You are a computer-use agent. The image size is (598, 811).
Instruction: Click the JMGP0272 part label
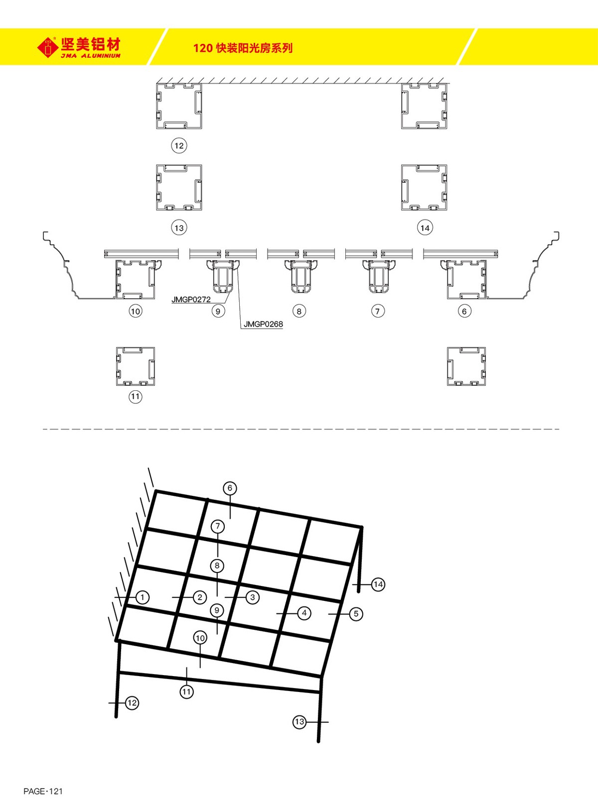coord(191,300)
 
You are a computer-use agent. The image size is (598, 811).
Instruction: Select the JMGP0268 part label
coord(263,324)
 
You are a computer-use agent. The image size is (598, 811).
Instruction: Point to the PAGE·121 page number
coord(43,791)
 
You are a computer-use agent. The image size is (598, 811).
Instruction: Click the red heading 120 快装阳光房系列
coord(243,48)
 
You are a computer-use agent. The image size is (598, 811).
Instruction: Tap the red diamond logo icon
coord(48,47)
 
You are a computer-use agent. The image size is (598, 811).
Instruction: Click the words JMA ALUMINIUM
coord(91,56)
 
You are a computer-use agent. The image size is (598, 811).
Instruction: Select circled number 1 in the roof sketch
coord(143,597)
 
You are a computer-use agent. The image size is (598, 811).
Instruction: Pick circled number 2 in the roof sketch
coord(200,597)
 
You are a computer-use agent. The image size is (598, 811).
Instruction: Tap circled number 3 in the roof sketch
coord(253,597)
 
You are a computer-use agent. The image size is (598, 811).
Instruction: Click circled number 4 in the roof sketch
coord(304,613)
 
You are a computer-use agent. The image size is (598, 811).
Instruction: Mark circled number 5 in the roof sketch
coord(356,614)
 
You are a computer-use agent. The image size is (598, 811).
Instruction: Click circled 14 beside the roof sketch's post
coord(378,584)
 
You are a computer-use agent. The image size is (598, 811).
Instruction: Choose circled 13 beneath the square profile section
coord(179,228)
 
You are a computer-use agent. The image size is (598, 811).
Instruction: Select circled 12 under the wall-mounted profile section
coord(179,146)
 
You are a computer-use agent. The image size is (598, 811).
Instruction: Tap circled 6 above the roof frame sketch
coord(230,488)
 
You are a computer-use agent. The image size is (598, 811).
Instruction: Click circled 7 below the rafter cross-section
coord(378,311)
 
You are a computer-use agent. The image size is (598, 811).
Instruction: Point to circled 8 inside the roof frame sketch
coord(217,566)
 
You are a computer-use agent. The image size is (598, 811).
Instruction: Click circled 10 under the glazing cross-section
coord(135,311)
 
